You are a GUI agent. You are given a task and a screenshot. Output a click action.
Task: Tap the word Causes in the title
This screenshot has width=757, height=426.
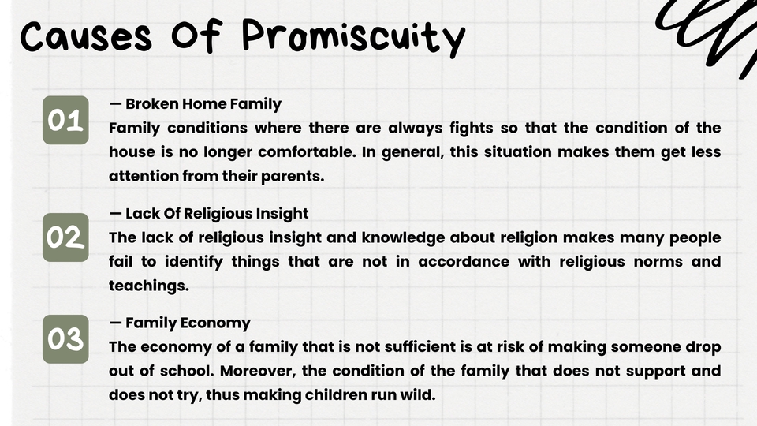click(86, 37)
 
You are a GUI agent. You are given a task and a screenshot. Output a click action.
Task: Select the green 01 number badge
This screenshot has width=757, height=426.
click(65, 120)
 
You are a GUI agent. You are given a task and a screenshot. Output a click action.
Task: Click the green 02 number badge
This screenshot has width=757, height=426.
click(65, 237)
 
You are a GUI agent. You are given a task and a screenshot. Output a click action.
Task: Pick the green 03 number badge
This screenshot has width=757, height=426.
click(65, 339)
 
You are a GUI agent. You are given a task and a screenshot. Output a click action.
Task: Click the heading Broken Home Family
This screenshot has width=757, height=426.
click(195, 104)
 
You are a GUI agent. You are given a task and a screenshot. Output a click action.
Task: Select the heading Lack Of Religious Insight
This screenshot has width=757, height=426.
click(208, 214)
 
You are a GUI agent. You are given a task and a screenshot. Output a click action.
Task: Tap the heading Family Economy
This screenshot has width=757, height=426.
click(180, 323)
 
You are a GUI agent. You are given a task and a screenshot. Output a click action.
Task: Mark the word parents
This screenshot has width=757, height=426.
click(293, 176)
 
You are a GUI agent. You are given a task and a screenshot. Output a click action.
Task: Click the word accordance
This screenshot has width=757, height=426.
click(464, 262)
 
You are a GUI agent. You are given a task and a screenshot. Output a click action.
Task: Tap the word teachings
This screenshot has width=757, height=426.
click(149, 286)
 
